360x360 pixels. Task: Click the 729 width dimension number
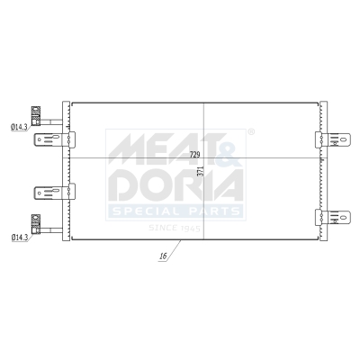coord(194,156)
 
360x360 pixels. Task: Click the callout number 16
coord(163,256)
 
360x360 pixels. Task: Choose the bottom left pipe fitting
coord(36,220)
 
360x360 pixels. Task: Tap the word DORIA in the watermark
coord(175,184)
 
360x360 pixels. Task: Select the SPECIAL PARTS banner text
coord(175,211)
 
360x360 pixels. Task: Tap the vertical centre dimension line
coord(204,117)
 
